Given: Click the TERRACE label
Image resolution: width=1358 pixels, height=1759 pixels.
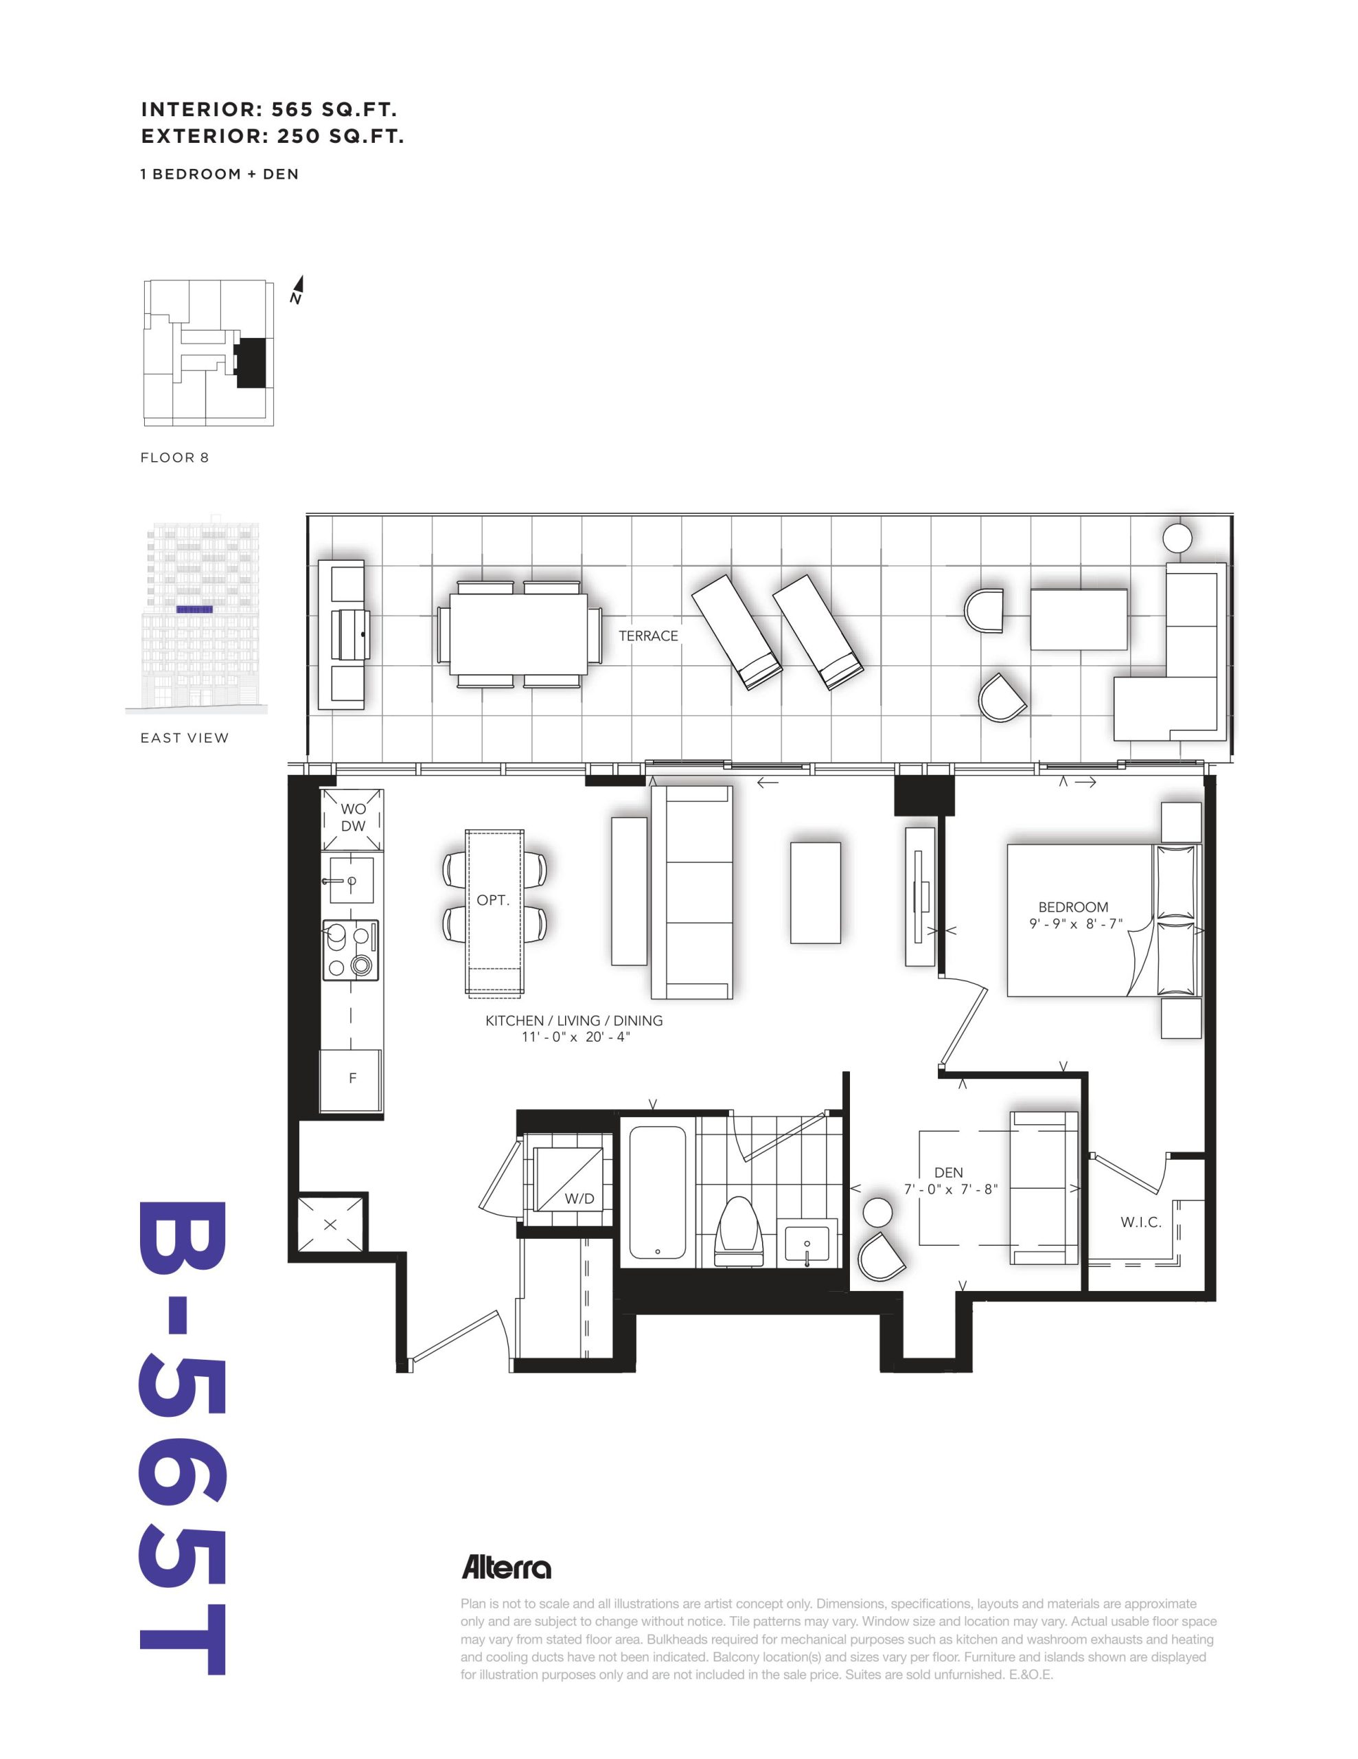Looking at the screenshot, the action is click(x=648, y=636).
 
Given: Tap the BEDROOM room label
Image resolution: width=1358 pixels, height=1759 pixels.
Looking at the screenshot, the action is click(x=1073, y=907).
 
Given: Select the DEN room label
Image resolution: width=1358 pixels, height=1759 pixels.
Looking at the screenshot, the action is click(x=949, y=1173).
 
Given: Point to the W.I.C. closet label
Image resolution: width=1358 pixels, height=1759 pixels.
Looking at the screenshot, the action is click(x=1140, y=1222).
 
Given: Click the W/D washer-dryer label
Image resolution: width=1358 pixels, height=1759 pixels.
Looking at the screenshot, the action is click(x=579, y=1199).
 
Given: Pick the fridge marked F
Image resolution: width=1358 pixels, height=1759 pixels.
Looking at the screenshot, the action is click(x=352, y=1080).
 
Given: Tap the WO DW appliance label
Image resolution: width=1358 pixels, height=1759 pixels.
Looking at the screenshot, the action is click(x=354, y=817).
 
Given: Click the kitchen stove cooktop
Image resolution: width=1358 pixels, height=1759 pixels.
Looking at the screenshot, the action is click(x=350, y=950).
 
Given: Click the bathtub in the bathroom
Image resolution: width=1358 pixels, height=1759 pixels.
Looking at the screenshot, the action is click(x=657, y=1192).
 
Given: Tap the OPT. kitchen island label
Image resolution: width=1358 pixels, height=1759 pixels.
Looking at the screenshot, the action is click(x=493, y=900).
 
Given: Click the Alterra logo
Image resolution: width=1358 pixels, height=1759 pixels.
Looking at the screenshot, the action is click(x=506, y=1568).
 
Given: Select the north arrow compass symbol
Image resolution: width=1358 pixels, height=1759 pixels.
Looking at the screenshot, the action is click(x=297, y=290).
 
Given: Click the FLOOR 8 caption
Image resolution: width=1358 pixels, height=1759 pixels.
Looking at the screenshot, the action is click(x=174, y=458).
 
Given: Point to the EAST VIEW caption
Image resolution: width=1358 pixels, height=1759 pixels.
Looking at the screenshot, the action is click(x=185, y=738).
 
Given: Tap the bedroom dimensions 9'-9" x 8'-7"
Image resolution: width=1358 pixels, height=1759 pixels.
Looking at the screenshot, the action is click(x=1075, y=923).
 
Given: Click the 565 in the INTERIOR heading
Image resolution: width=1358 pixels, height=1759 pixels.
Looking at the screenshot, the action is click(x=295, y=109).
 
